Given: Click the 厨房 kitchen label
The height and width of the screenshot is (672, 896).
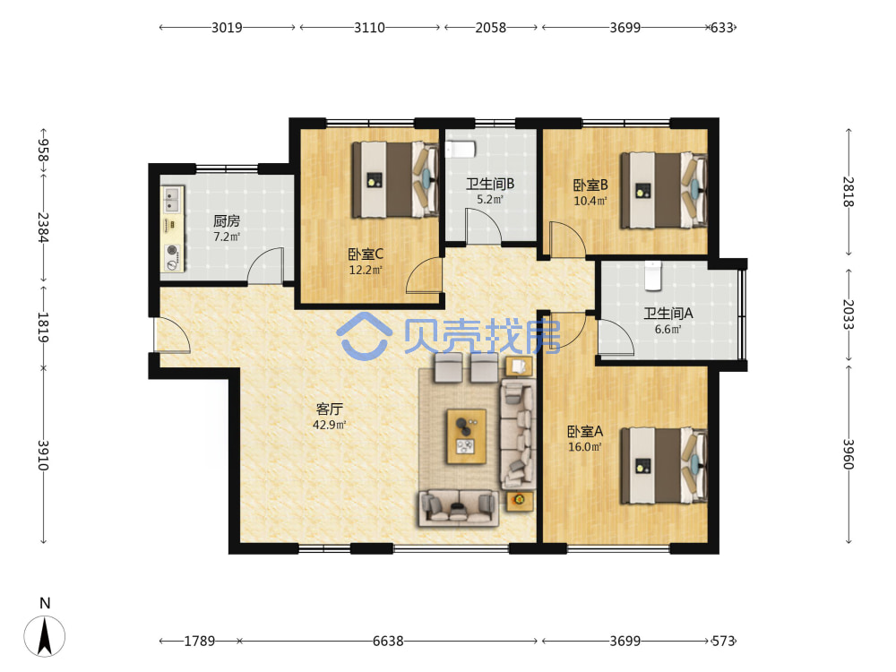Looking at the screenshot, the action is coord(227,220).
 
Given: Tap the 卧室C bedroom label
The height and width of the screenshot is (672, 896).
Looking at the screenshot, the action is coord(366,254).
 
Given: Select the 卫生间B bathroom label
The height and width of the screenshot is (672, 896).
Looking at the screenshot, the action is coord(490,184).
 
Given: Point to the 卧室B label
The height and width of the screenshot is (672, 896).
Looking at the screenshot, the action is coord(590,185).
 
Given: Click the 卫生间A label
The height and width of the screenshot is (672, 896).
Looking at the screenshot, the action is coord(668,313).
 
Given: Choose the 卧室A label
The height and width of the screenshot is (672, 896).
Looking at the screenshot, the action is coord(584,432).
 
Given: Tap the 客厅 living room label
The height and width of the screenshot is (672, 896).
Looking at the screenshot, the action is coord(329,409).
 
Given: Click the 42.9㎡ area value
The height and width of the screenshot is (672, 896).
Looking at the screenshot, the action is coord(329,425).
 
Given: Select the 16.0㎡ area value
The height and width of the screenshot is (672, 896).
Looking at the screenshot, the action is coord(584,447).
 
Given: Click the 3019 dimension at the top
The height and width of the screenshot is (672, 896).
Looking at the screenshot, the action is coord(227,28).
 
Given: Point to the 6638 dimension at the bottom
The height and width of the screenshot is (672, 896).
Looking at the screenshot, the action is coord(388,642).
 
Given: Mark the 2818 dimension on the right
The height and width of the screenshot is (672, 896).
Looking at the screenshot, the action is coord(849,192).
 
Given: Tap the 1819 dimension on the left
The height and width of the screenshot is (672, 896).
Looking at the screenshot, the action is coord(43,327).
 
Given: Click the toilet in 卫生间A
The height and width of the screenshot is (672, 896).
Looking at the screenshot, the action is coord(652,275).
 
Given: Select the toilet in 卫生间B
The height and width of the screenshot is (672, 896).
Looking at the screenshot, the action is coord(460,150).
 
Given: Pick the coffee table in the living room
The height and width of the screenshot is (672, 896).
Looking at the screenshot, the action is coord(466,436).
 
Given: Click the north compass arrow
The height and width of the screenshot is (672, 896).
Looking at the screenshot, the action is coord(45,636).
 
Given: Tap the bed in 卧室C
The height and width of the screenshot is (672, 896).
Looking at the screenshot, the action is coord(395,179).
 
